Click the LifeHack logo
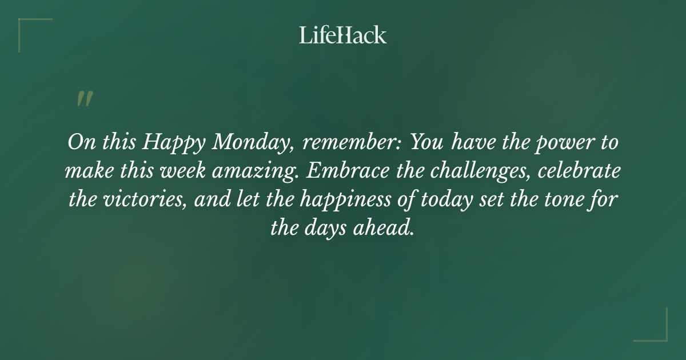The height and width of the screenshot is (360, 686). pyautogui.click(x=343, y=35)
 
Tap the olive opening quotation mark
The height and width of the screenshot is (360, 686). pyautogui.click(x=84, y=99)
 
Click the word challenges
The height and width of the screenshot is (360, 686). pyautogui.click(x=477, y=171)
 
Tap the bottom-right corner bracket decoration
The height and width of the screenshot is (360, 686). pyautogui.click(x=657, y=331)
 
